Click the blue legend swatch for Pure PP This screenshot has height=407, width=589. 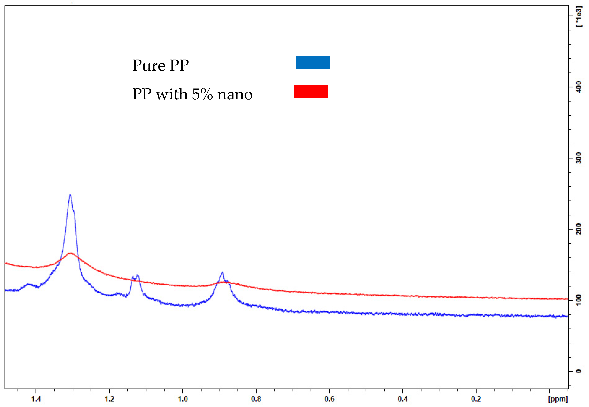(x=313, y=63)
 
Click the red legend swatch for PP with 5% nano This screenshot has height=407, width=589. (x=311, y=91)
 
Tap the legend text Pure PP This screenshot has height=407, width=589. (x=160, y=65)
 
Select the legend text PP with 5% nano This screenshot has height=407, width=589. (x=192, y=94)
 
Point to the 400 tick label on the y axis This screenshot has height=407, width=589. (x=579, y=87)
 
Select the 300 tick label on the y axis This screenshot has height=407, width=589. (x=579, y=158)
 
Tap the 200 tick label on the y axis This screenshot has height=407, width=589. (x=579, y=229)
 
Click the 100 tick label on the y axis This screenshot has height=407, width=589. (x=579, y=300)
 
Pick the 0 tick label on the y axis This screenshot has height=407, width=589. (x=579, y=371)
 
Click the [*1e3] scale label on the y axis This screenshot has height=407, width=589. (x=579, y=17)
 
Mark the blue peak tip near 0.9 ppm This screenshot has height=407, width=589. (x=223, y=272)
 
